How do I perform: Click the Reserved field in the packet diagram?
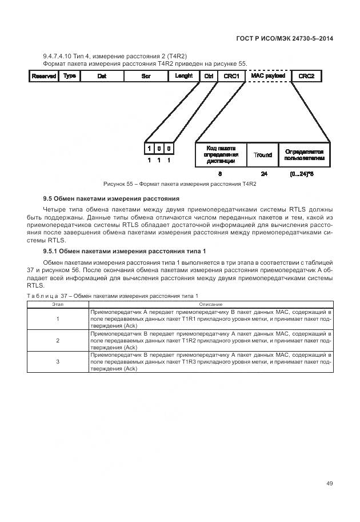[x=43, y=76]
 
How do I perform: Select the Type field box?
[x=70, y=76]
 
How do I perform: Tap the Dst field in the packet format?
[x=102, y=76]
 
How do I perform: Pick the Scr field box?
[x=145, y=76]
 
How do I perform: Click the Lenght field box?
[x=183, y=76]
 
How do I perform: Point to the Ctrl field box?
[x=209, y=76]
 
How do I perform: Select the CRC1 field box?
[x=231, y=76]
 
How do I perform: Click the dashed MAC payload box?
[x=268, y=76]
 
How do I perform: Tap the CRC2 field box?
[x=307, y=76]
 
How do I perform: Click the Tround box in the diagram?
[x=263, y=155]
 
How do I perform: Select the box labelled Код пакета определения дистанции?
[x=221, y=155]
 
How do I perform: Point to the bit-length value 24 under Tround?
[x=263, y=174]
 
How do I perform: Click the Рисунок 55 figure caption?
[x=179, y=185]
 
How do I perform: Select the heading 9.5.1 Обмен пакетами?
[x=125, y=252]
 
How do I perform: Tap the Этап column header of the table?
[x=58, y=305]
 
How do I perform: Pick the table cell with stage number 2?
[x=58, y=340]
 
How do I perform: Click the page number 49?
[x=329, y=484]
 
